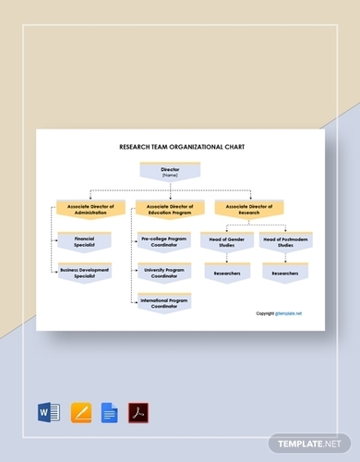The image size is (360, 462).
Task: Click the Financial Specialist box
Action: coord(85,242)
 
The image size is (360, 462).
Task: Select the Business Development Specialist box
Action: coord(85,273)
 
